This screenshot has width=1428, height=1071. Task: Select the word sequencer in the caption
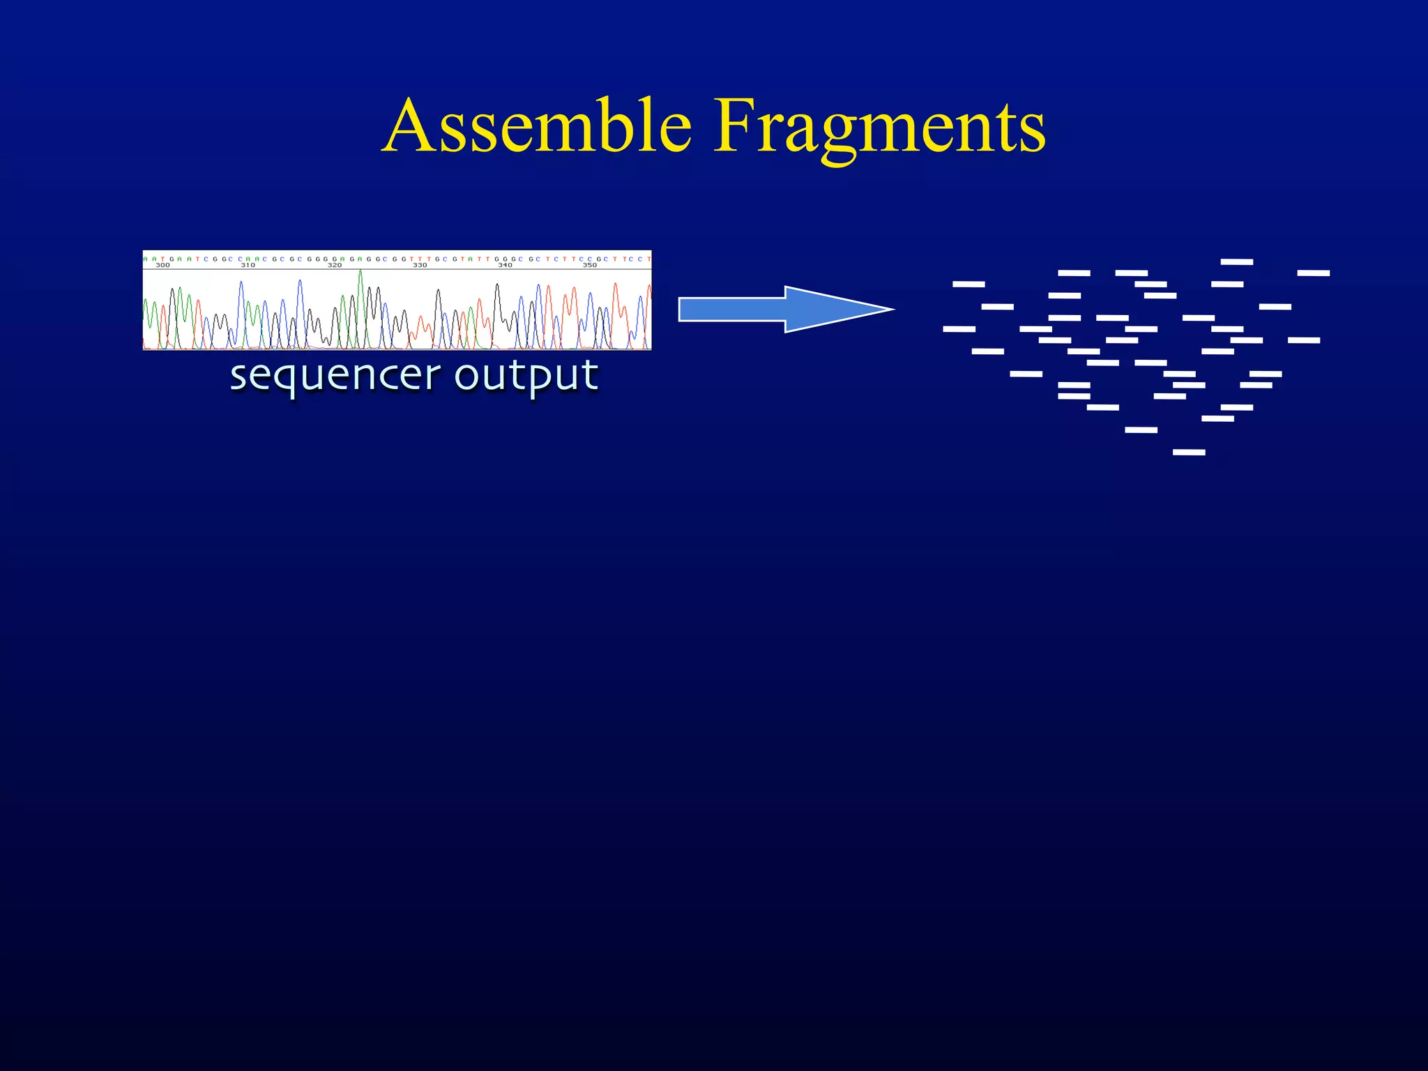click(x=335, y=377)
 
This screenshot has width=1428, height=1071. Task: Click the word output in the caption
click(x=526, y=377)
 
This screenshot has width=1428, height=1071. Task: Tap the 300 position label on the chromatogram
click(x=162, y=266)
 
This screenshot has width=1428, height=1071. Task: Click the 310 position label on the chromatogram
click(x=248, y=266)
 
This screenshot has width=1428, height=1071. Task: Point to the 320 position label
click(x=335, y=266)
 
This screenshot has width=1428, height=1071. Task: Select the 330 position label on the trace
click(x=420, y=266)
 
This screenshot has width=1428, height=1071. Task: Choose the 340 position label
click(x=505, y=266)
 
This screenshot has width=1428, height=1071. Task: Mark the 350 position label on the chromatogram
click(x=590, y=266)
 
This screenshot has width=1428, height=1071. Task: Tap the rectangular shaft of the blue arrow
click(x=732, y=309)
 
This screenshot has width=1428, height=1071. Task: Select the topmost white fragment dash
click(x=1237, y=262)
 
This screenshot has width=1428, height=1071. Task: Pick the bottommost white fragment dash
click(x=1189, y=453)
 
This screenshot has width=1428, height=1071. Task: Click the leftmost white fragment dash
click(x=959, y=329)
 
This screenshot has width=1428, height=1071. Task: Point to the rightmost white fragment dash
click(x=1314, y=273)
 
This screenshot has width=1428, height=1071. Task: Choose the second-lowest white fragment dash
click(x=1141, y=430)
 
